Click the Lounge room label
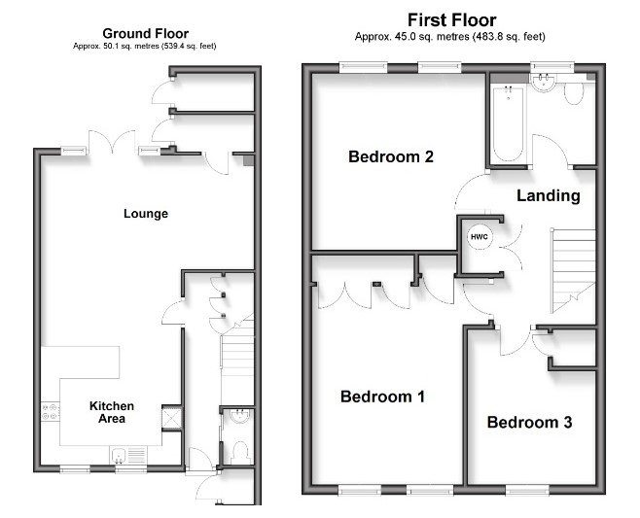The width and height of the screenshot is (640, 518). tap(146, 213)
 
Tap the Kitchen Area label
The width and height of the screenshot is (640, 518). tap(112, 412)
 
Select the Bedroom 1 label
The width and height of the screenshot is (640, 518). tap(383, 397)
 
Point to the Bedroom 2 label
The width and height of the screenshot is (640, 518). tap(390, 156)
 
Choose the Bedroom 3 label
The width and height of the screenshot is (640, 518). tap(529, 423)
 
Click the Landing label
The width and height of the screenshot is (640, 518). tap(548, 195)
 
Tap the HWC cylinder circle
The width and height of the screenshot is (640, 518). tap(480, 237)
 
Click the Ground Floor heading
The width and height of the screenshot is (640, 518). tap(145, 33)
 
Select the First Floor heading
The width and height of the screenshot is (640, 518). tap(450, 19)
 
